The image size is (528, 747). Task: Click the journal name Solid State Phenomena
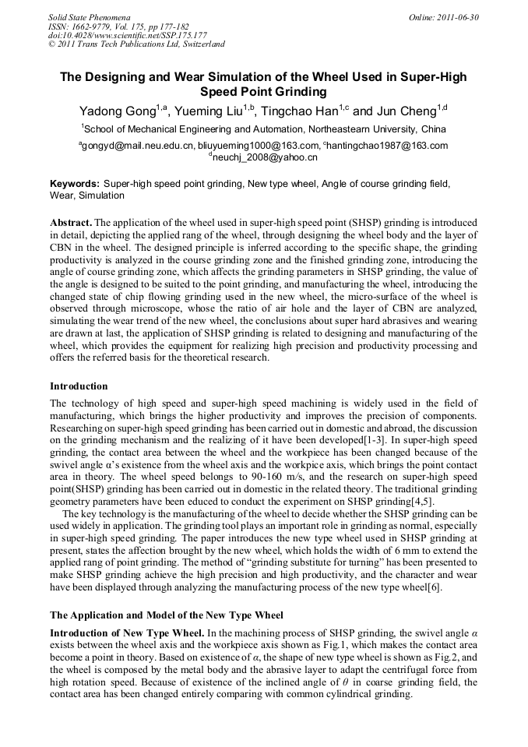point(89,16)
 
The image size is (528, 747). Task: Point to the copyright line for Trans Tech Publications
point(136,44)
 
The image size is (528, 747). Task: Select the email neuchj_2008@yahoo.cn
point(264,157)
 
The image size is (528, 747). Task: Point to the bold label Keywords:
point(75,184)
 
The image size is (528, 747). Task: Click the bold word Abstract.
point(70,222)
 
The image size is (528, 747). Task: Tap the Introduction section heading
point(79,386)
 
